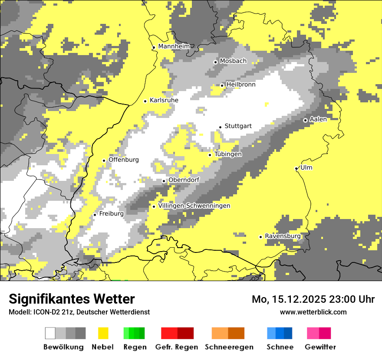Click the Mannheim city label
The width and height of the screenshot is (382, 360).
174,46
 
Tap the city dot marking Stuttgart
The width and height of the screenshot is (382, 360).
221,127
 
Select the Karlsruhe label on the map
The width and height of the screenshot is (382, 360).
164,100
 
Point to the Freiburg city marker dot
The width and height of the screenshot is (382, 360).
95,215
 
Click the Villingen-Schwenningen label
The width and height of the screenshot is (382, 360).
194,206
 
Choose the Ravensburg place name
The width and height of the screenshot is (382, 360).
283,236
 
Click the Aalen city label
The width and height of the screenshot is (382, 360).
318,119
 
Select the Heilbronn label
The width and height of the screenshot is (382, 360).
240,85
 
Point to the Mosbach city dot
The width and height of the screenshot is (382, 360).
215,62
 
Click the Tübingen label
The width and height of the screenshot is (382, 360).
228,154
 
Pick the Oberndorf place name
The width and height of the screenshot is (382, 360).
184,180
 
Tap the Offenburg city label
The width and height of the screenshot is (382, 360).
123,160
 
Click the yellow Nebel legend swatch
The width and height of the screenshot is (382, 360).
103,333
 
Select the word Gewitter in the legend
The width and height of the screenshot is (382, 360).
320,347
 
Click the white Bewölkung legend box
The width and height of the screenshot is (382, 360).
50,333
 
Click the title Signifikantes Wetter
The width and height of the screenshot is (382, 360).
72,299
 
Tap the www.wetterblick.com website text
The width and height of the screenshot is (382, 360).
313,312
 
